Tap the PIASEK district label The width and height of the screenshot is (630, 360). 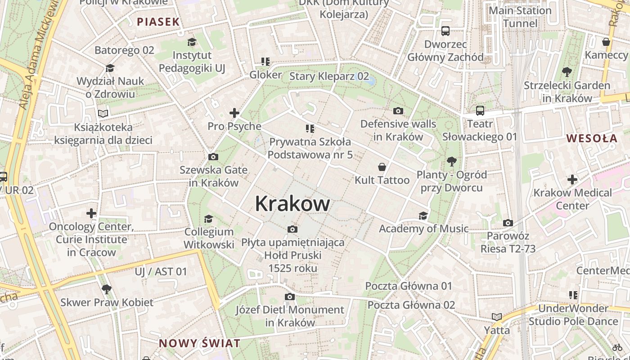(158, 22)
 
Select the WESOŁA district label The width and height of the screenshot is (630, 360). (592, 138)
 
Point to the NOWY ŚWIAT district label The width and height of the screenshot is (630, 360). (199, 343)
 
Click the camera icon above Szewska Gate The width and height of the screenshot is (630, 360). (213, 157)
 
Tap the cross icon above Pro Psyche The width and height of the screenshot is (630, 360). (234, 113)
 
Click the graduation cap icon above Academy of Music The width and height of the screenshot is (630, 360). (423, 216)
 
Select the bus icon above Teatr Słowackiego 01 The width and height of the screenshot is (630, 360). (480, 110)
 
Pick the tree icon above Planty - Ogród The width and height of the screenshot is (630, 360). (451, 162)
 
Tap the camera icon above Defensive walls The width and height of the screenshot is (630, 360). (398, 111)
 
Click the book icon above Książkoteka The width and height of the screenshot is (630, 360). (103, 114)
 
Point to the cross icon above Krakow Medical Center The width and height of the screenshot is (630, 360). (572, 180)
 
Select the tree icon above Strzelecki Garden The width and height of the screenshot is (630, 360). (567, 72)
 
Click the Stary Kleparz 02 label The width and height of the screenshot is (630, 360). (329, 76)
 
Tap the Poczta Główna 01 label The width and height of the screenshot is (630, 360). (409, 286)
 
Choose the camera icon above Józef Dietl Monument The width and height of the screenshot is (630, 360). (290, 297)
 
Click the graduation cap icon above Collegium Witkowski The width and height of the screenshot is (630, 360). (208, 219)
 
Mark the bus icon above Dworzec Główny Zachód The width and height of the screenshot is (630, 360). (445, 31)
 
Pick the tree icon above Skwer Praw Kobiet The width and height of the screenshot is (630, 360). (107, 289)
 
